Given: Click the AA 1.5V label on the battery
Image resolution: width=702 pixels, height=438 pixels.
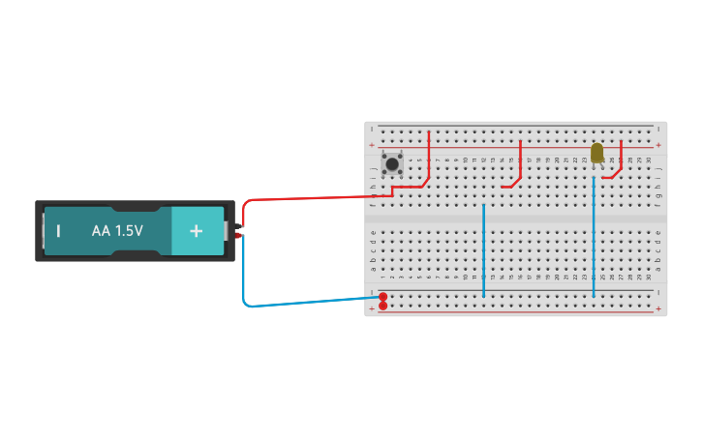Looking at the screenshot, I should pyautogui.click(x=117, y=231).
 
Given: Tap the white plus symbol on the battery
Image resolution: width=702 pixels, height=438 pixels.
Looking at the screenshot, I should pyautogui.click(x=197, y=231).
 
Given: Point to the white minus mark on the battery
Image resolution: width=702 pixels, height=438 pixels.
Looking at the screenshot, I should pyautogui.click(x=58, y=231).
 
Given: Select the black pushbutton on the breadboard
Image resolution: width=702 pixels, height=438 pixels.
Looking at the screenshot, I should pyautogui.click(x=392, y=164).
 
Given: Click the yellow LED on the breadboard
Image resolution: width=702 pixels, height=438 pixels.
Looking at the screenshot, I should pyautogui.click(x=596, y=153).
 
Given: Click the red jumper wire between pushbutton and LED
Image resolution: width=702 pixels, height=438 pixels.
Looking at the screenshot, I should pyautogui.click(x=519, y=164).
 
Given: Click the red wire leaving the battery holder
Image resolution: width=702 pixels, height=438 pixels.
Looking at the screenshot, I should pyautogui.click(x=310, y=197).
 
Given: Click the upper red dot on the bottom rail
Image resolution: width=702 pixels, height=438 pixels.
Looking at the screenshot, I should pyautogui.click(x=382, y=296).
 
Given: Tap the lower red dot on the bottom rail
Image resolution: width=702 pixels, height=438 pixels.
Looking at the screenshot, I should pyautogui.click(x=382, y=306).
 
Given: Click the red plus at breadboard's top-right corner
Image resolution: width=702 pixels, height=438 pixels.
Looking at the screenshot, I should pyautogui.click(x=658, y=145).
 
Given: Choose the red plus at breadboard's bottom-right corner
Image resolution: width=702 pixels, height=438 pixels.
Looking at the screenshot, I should pyautogui.click(x=658, y=309).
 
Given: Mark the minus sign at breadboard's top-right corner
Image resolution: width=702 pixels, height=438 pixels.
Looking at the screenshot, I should pyautogui.click(x=658, y=129).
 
